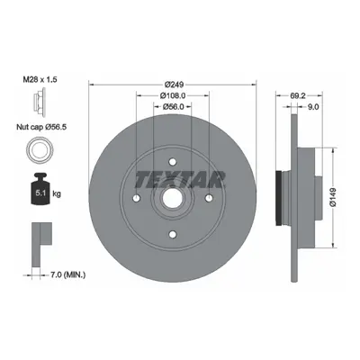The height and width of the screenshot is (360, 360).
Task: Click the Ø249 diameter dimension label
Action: pos(174,85)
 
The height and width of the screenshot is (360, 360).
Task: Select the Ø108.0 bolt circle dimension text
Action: pos(173,95)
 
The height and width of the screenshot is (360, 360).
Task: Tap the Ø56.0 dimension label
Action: pos(173,107)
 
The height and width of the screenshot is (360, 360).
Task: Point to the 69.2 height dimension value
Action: pos(298,95)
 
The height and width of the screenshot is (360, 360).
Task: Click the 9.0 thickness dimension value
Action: pos(313,107)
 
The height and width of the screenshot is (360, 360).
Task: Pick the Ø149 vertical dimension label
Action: pos(334,198)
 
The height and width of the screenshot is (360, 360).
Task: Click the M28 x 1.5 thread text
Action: pos(40,79)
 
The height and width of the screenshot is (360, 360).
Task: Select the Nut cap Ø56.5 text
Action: pos(41,127)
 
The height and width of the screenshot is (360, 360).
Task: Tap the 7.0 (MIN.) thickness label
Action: pos(67,274)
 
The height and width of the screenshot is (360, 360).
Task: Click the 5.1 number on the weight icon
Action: pos(40,193)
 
